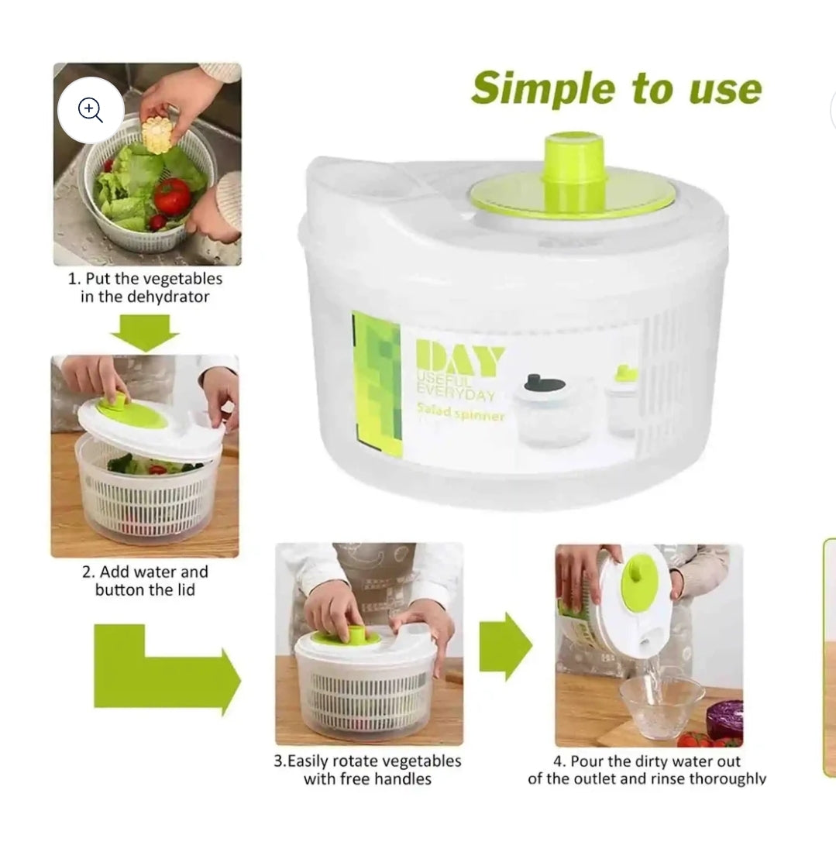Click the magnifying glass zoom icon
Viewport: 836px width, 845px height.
pyautogui.click(x=91, y=111)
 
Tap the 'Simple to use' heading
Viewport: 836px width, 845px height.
pyautogui.click(x=616, y=88)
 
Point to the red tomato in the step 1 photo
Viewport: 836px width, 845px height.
pyautogui.click(x=171, y=195)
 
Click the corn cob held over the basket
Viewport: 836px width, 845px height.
pyautogui.click(x=158, y=135)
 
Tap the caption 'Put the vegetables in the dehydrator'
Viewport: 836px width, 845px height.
pyautogui.click(x=145, y=287)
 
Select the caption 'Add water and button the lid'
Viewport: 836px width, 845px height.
pyautogui.click(x=145, y=581)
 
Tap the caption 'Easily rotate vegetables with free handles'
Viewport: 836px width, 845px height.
pyautogui.click(x=367, y=770)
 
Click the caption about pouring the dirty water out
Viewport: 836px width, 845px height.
pyautogui.click(x=646, y=770)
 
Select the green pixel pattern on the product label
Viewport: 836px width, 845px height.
pyautogui.click(x=377, y=380)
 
